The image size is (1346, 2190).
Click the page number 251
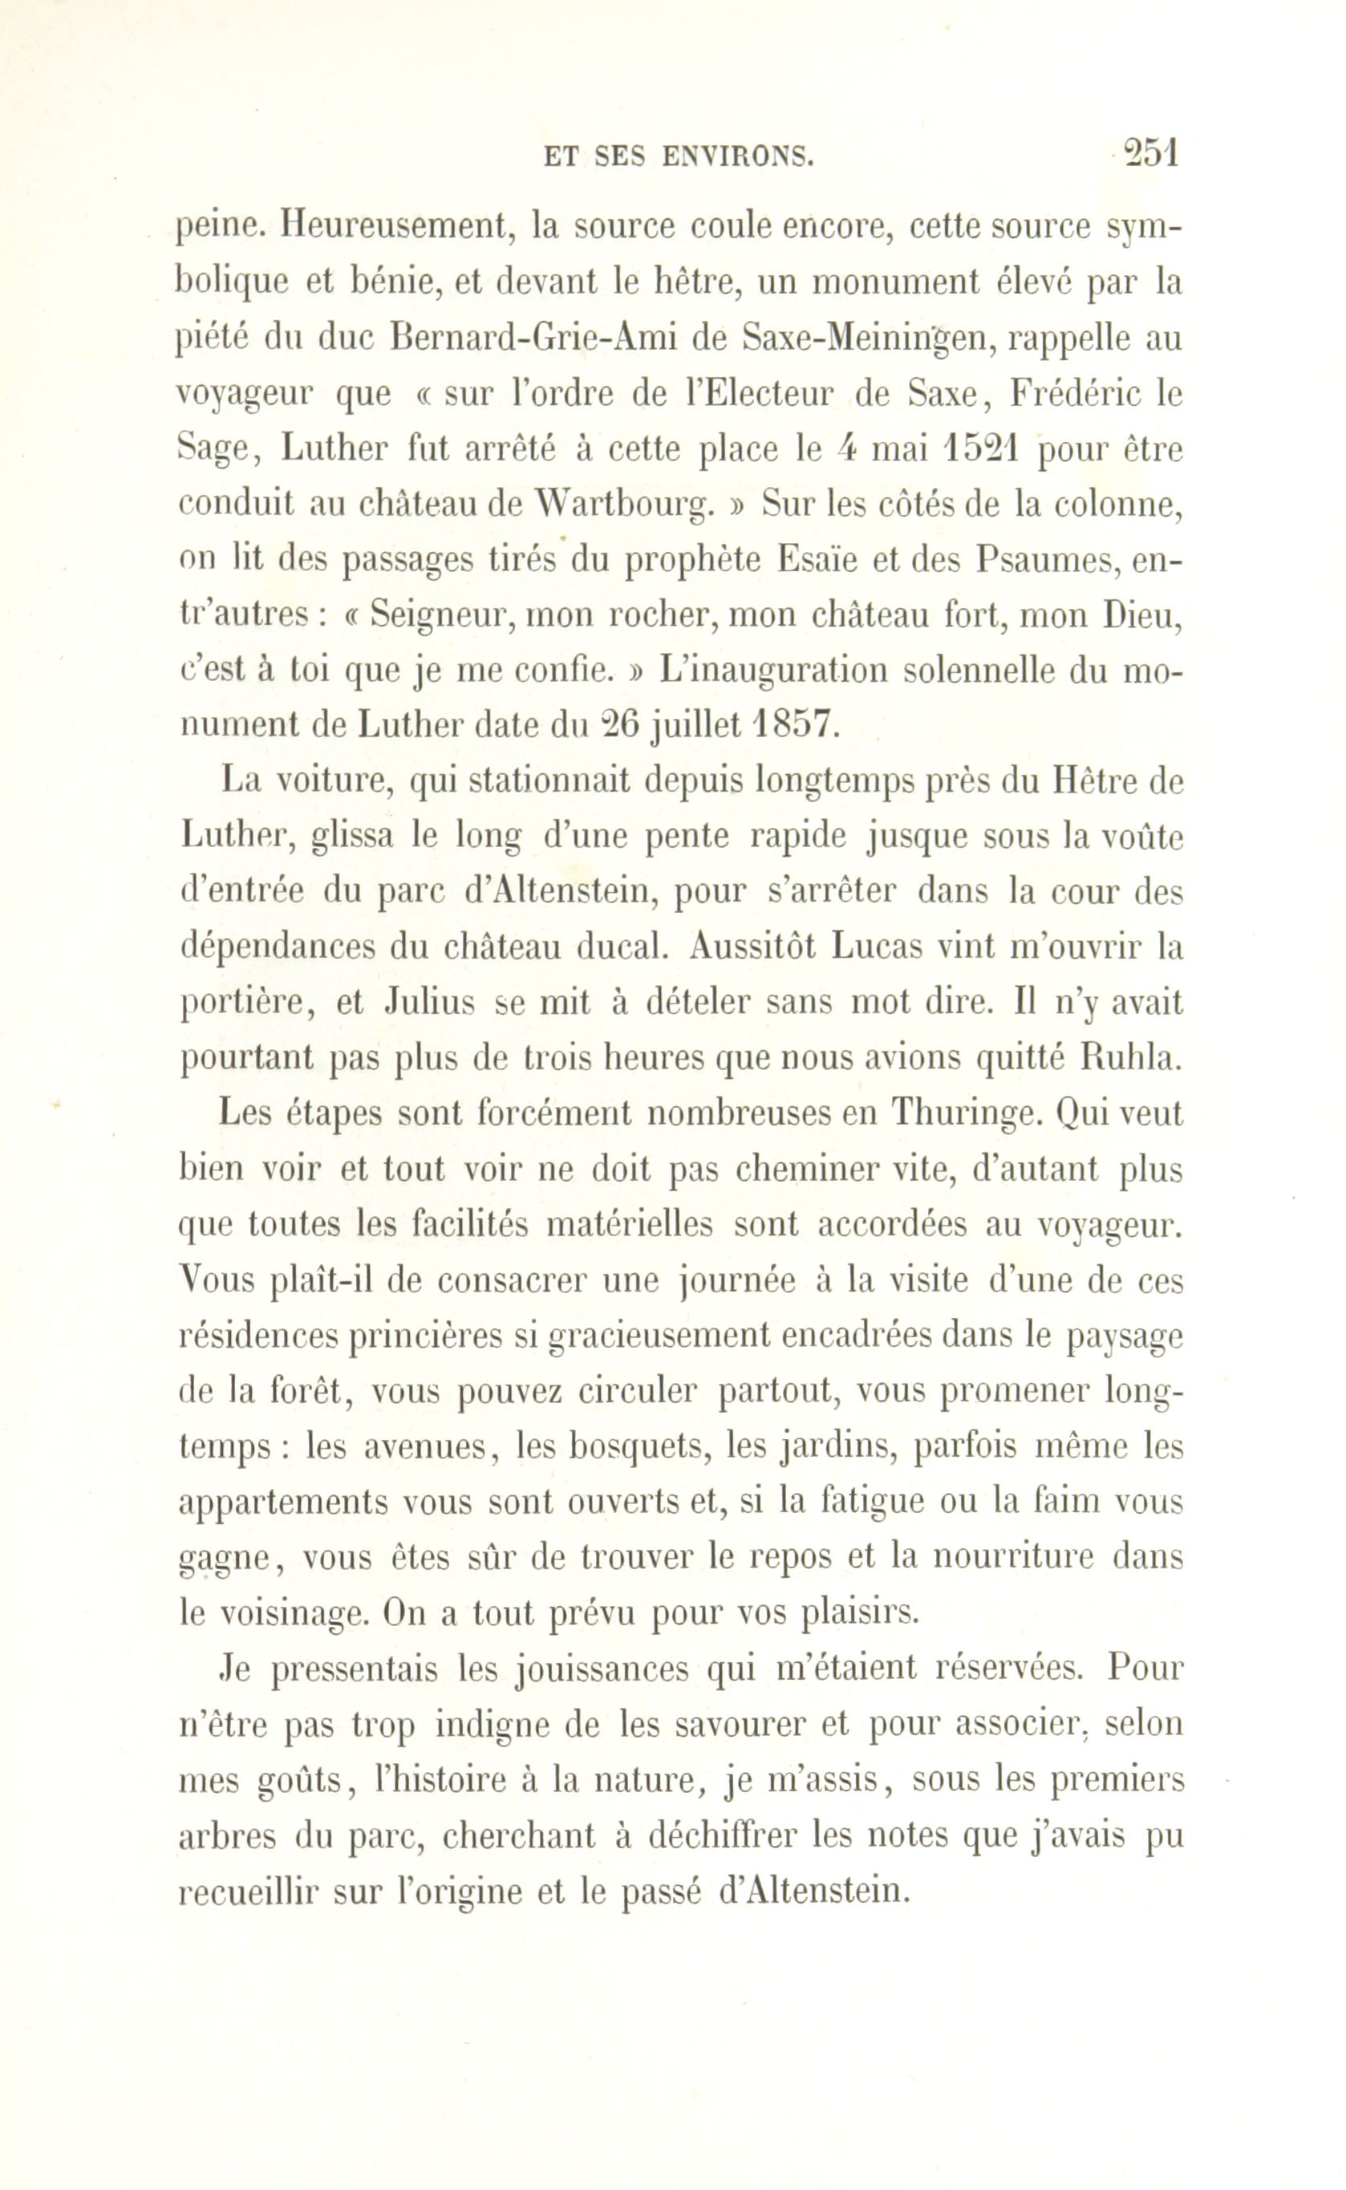tap(1151, 153)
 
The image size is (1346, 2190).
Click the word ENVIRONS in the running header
tap(738, 157)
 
